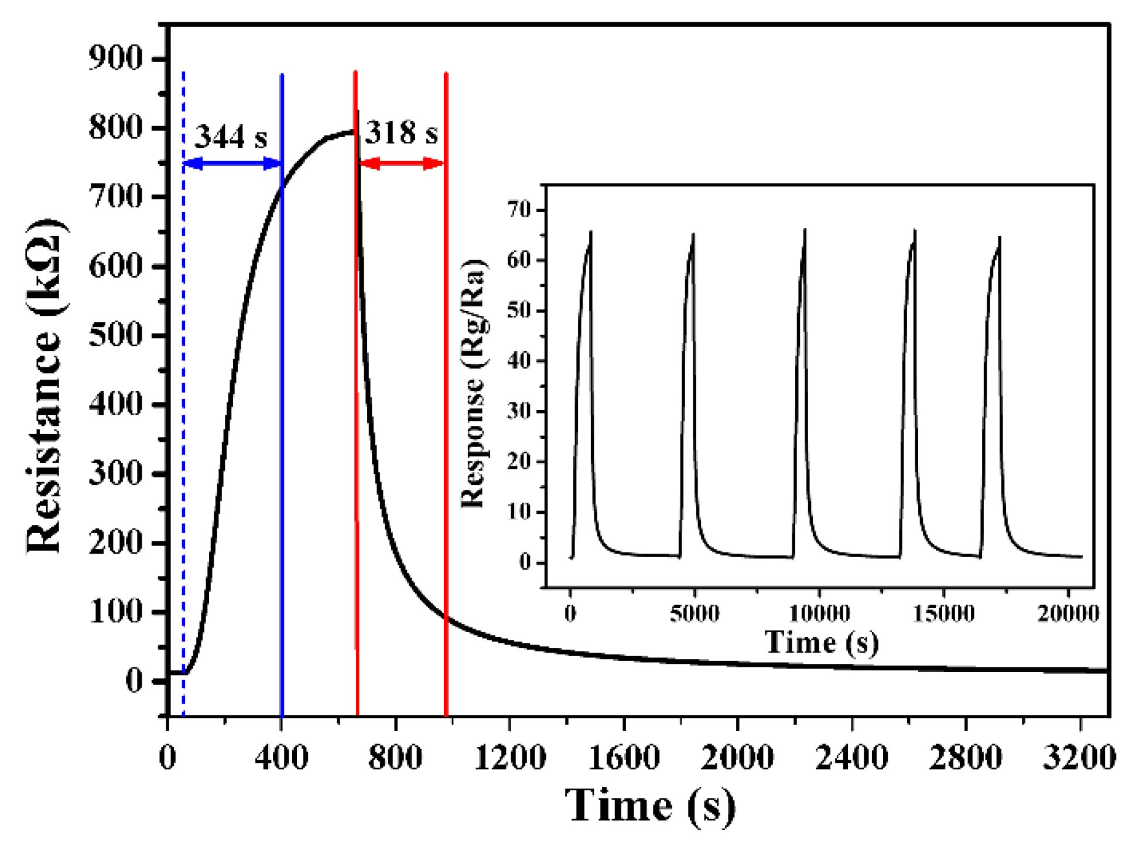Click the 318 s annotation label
click(402, 133)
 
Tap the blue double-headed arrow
click(232, 163)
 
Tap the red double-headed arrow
click(402, 163)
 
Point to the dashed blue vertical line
click(183, 410)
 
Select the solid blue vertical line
click(282, 410)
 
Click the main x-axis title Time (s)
click(650, 807)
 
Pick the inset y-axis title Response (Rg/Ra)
click(473, 384)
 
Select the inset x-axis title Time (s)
click(822, 643)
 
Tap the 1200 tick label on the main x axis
click(509, 758)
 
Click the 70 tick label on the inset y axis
click(518, 210)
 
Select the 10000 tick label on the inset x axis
click(819, 613)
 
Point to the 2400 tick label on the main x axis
click(851, 758)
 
